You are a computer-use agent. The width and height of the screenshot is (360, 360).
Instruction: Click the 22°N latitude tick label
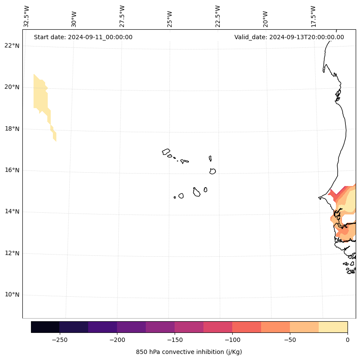(12, 46)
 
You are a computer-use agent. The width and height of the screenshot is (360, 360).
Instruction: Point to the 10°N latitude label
(12, 295)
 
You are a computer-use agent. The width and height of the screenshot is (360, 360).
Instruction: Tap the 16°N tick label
(12, 170)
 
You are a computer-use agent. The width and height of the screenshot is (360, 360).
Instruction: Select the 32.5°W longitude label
(27, 16)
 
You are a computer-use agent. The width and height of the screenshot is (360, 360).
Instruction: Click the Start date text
(83, 37)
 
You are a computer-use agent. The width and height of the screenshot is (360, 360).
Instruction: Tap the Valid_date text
(289, 37)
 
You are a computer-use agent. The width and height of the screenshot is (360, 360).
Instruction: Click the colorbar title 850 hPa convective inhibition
(189, 352)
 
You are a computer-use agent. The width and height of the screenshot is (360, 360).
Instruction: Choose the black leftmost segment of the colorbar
(45, 327)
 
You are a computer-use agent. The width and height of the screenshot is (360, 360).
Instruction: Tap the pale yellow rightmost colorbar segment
(333, 327)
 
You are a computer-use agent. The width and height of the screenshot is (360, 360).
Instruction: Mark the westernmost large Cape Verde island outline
(166, 152)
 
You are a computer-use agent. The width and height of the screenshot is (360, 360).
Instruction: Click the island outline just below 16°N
(212, 171)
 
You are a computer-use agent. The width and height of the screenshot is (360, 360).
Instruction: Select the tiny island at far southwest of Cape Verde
(175, 197)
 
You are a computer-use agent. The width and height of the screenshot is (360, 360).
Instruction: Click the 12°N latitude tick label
(12, 253)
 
